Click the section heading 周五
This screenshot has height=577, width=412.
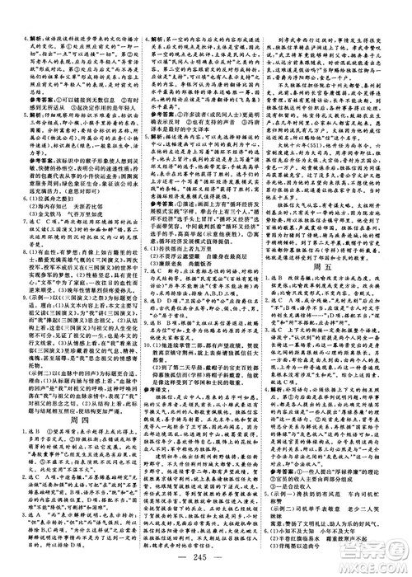tap(337, 279)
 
